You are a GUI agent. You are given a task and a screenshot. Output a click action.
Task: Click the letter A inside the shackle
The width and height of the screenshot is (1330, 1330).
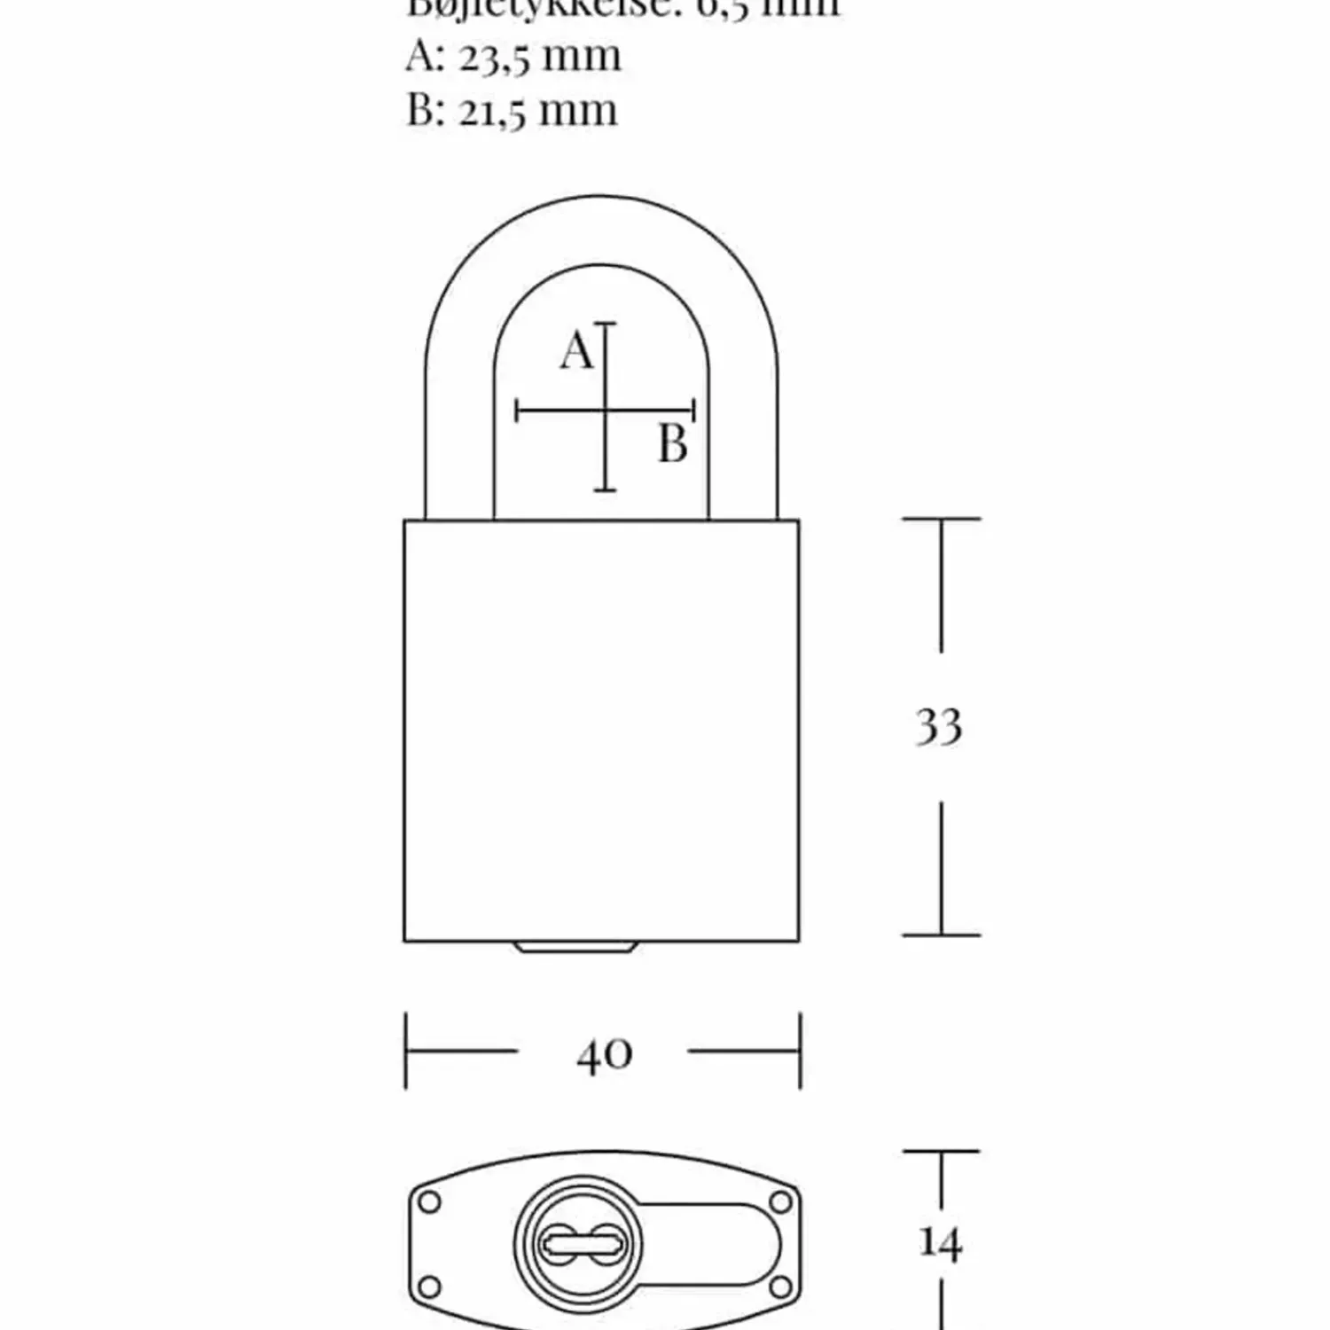pos(576,350)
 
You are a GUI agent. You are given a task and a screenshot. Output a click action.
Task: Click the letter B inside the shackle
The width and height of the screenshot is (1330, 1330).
pos(673,444)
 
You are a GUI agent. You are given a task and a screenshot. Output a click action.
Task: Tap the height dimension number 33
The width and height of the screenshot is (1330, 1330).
pos(939,726)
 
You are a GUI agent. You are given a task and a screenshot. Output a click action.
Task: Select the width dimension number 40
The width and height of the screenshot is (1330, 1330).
pos(604,1054)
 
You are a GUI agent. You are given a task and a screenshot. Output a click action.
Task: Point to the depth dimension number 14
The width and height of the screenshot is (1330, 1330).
pos(940,1243)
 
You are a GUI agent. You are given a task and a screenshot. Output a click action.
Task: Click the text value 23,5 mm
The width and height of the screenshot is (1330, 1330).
pos(539,57)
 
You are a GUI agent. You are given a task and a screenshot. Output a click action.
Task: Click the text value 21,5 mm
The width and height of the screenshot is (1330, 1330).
pos(537,111)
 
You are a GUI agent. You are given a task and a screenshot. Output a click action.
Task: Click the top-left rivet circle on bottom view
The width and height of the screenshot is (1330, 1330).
pos(429,1202)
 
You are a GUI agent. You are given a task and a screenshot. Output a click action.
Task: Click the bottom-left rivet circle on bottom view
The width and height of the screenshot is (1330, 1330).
pos(429,1286)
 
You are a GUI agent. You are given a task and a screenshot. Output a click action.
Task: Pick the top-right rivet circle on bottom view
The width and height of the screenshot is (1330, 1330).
pos(780,1202)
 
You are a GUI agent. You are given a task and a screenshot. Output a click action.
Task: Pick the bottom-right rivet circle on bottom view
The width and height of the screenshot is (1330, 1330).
pos(780,1286)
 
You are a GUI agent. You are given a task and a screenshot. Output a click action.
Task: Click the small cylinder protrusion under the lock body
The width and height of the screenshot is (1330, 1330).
pos(575,948)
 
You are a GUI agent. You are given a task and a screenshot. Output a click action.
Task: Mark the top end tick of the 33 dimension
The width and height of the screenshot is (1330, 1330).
pos(941,519)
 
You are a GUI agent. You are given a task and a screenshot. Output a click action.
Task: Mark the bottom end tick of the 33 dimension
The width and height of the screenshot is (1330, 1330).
pos(941,935)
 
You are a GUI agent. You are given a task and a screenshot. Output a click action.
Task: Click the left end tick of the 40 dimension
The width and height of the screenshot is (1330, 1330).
pos(406,1052)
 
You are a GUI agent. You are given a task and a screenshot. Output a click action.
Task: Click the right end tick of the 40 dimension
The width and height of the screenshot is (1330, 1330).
pos(800,1052)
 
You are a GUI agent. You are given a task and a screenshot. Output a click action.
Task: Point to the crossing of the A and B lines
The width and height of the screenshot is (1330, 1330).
pos(605,411)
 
